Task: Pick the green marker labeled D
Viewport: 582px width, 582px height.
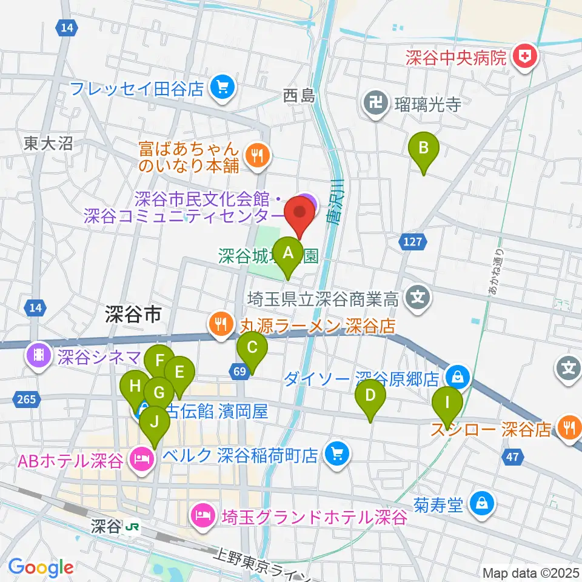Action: click(372, 397)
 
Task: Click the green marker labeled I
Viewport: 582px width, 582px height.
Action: click(447, 403)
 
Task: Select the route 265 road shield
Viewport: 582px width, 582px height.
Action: click(25, 398)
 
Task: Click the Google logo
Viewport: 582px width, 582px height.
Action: click(41, 567)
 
